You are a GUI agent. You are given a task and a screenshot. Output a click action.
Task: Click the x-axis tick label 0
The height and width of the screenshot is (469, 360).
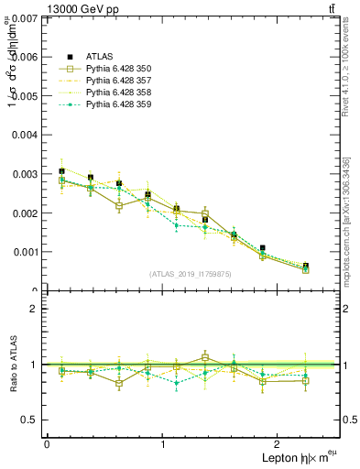(x=47, y=444)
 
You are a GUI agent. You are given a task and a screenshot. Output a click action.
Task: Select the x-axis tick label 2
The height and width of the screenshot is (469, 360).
(x=280, y=444)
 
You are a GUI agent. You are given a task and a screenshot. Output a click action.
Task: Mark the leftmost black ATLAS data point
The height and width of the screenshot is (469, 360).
(x=61, y=171)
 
